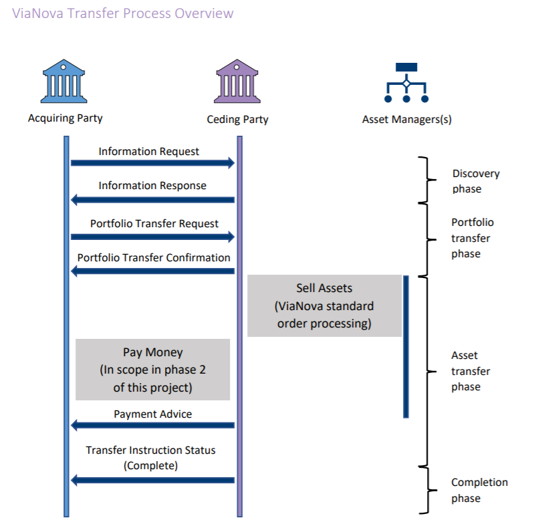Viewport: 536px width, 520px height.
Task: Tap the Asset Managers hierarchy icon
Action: pos(406,83)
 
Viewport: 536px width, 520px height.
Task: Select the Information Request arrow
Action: pos(153,163)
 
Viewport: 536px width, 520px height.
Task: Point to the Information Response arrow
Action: pos(153,199)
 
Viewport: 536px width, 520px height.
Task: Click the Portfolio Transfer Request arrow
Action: pos(153,236)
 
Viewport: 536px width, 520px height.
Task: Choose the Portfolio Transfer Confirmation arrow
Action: pos(153,271)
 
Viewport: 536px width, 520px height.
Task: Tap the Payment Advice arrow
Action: pos(153,425)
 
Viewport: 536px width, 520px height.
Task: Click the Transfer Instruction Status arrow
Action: pos(153,480)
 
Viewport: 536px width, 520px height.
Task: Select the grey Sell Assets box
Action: pos(324,305)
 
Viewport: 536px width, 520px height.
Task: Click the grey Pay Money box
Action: pos(152,369)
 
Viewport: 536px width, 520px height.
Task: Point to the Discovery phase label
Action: pos(475,181)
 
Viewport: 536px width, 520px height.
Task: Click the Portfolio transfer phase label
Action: pos(472,238)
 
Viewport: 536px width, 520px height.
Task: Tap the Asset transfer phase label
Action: pos(471,371)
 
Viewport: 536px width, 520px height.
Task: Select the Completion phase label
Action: pos(479,490)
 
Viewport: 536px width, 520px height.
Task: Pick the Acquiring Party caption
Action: pos(65,118)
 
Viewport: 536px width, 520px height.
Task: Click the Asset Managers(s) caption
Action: pos(406,120)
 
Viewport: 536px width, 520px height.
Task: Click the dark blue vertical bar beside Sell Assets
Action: pos(405,346)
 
